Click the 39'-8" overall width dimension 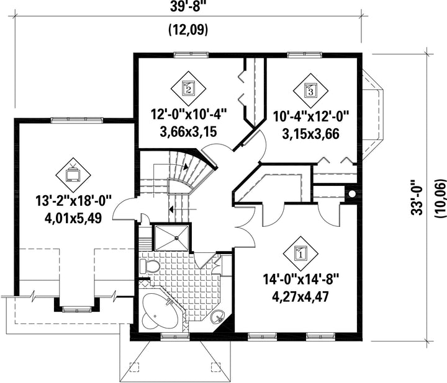[188, 7]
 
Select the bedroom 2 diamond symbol [188, 89]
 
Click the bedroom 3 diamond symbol [310, 91]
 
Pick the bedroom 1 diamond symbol [300, 253]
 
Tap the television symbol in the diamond [73, 173]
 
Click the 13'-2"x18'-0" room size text [73, 201]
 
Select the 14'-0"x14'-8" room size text [300, 280]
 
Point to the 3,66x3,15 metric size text [188, 132]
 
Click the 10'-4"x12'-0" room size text [311, 117]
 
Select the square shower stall [171, 238]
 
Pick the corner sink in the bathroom [219, 317]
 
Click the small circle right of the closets [353, 194]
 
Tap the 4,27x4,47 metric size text [300, 296]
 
